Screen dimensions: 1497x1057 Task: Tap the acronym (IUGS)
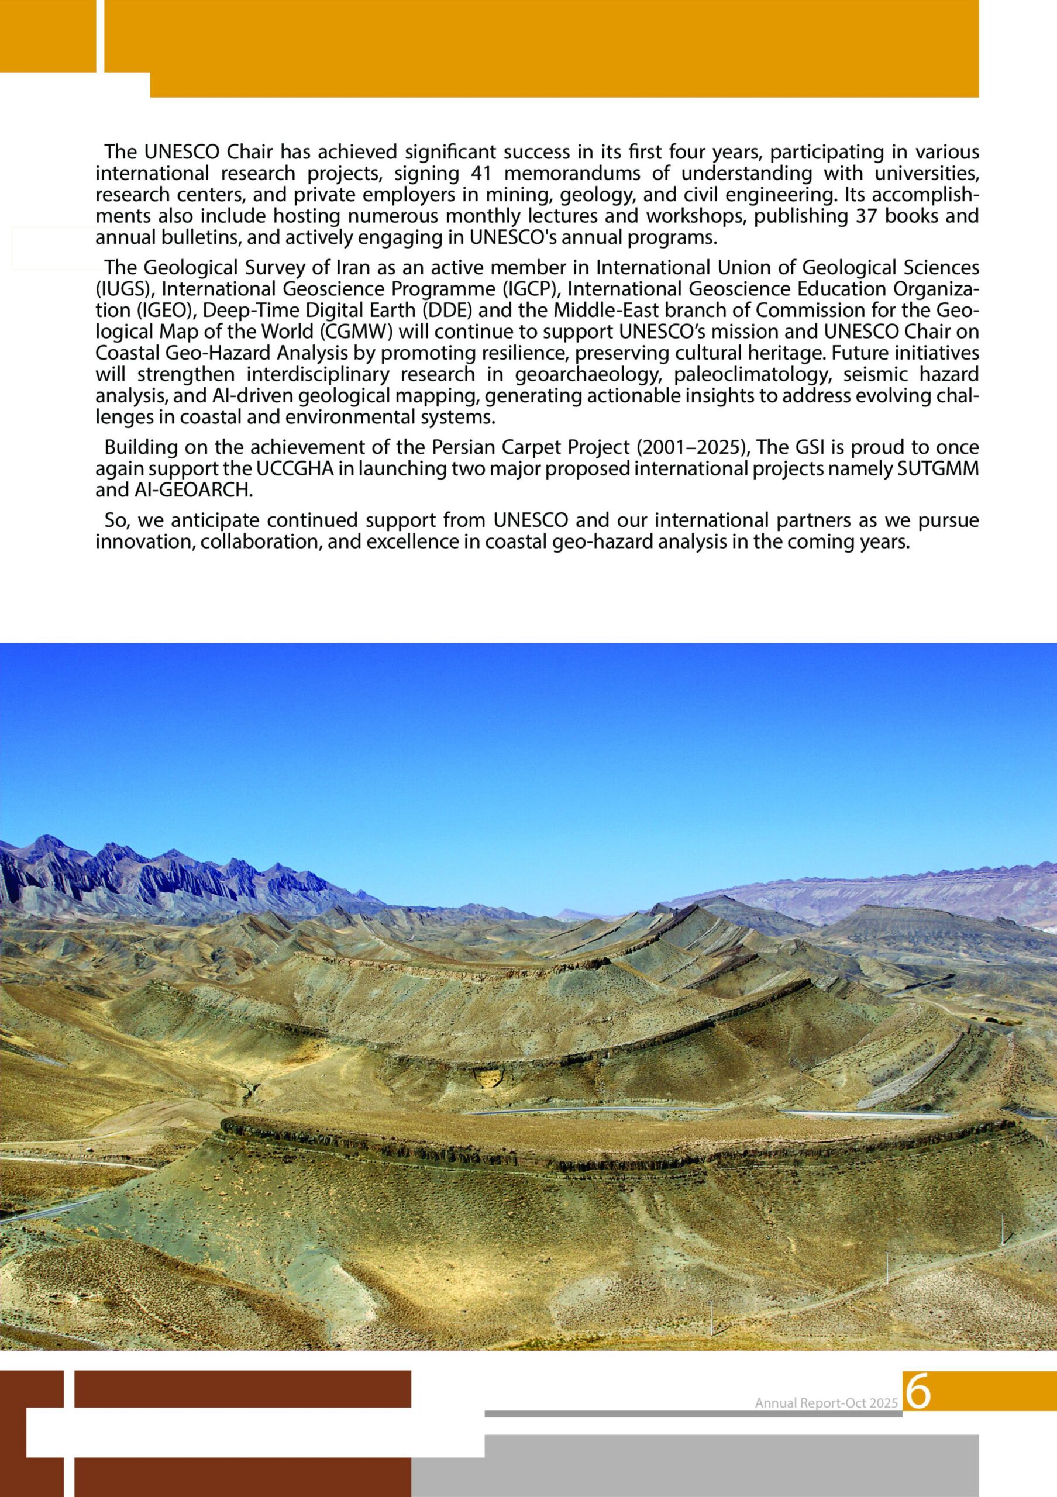tap(118, 289)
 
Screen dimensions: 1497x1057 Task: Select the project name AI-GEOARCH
tap(193, 491)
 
